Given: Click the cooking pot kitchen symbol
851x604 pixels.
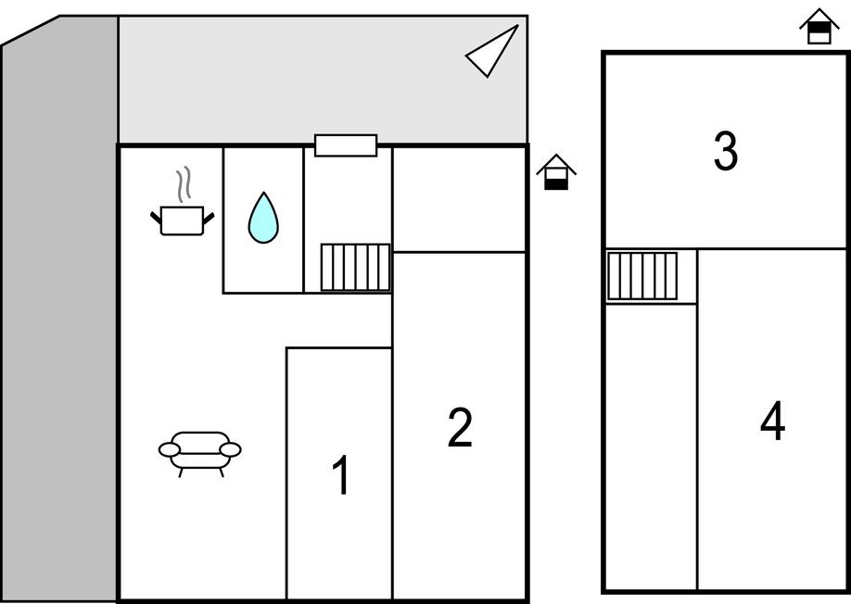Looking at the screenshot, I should [182, 220].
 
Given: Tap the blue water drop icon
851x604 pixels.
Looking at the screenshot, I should [263, 219].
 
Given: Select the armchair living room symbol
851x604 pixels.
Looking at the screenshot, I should [200, 452].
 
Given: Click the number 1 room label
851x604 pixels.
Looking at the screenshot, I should [341, 476].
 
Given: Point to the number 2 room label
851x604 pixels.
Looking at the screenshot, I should [460, 428].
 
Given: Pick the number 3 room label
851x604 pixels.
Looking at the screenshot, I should [725, 151].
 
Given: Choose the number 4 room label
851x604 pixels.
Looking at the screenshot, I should [772, 422].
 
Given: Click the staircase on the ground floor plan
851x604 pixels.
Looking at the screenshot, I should [355, 267].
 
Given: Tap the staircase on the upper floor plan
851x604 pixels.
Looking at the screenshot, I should [642, 276].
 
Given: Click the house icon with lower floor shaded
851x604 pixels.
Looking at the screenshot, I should [556, 172].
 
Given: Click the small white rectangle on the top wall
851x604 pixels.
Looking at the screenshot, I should [346, 145].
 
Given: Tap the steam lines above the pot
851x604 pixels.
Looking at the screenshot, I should [184, 184].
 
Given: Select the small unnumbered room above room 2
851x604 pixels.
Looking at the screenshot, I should [460, 198].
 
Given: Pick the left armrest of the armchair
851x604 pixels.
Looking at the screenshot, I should [169, 450].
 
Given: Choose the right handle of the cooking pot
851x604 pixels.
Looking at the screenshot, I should [209, 218].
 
